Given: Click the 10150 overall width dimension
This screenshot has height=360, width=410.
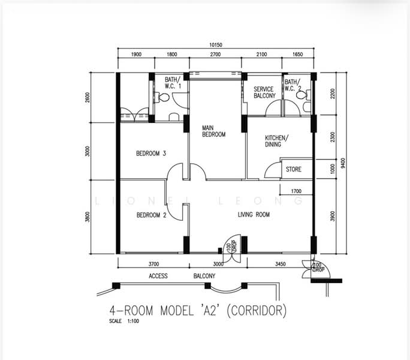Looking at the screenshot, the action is pyautogui.click(x=215, y=45).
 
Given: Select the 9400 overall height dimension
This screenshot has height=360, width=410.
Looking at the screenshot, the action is pyautogui.click(x=343, y=163).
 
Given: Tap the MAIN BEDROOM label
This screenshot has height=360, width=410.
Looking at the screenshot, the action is pyautogui.click(x=213, y=131).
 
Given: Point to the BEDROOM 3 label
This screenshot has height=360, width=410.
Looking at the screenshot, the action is pyautogui.click(x=151, y=153).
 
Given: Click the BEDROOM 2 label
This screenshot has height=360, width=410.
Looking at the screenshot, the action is pyautogui.click(x=152, y=215).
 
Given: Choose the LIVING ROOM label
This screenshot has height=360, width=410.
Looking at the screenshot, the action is pyautogui.click(x=254, y=215).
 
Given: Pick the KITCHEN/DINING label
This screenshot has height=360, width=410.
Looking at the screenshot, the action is pyautogui.click(x=277, y=141).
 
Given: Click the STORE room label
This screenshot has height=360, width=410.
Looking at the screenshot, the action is pyautogui.click(x=293, y=169).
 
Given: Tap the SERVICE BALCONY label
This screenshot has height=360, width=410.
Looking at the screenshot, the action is pyautogui.click(x=264, y=92).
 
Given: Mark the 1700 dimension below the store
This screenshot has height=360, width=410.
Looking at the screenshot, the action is pyautogui.click(x=296, y=191).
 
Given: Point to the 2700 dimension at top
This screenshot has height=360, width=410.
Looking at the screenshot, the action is pyautogui.click(x=215, y=54).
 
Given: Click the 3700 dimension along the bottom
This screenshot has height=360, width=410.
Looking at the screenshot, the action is pyautogui.click(x=153, y=264).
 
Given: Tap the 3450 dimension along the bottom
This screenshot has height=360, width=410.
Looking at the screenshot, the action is pyautogui.click(x=281, y=264).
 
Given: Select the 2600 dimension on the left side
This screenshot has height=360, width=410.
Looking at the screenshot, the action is pyautogui.click(x=88, y=97).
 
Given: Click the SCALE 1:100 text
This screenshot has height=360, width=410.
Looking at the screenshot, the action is pyautogui.click(x=124, y=321).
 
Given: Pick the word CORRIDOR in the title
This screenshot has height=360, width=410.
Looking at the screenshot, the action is pyautogui.click(x=257, y=311).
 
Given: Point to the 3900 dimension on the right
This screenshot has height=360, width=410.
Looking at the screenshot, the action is pyautogui.click(x=332, y=216).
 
